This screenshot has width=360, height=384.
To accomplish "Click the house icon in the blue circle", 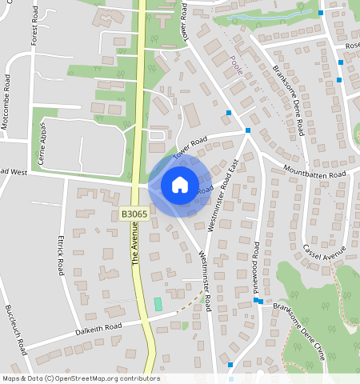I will coord(180,185).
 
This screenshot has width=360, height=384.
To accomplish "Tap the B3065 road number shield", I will coord(134,214).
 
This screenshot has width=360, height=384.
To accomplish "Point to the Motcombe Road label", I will coord(7,101).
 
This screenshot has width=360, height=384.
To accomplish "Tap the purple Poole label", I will coord(236,66).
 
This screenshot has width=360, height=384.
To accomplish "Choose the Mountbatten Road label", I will coord(314,173).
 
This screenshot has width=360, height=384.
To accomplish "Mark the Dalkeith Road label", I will coord(98,329).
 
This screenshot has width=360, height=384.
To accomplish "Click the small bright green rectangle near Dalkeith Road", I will coord(158,304).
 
